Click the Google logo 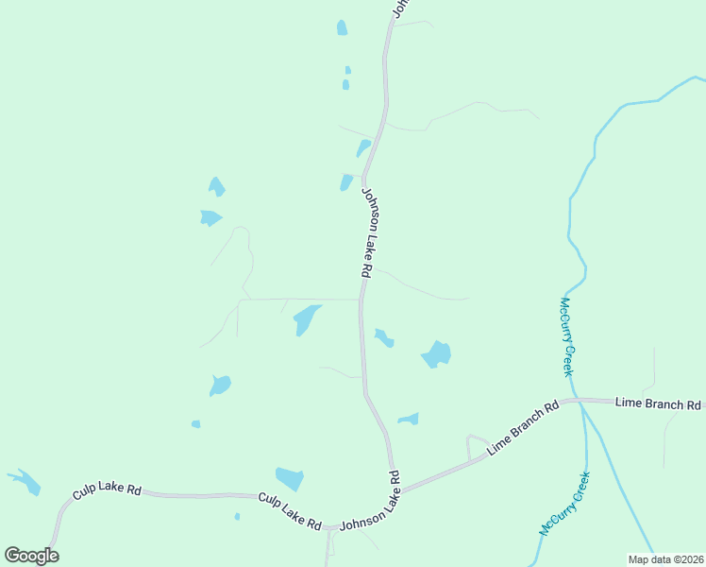(x=31, y=556)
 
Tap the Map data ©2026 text (x=666, y=558)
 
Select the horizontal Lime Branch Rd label (x=658, y=404)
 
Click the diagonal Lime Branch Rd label (x=522, y=429)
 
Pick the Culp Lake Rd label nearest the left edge (x=108, y=492)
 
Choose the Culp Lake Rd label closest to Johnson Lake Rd (x=291, y=511)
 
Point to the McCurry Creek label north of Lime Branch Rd (x=566, y=336)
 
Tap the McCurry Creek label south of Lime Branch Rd (x=564, y=504)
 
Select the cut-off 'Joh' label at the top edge (x=399, y=8)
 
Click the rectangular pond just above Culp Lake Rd (x=290, y=479)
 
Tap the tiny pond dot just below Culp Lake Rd (x=237, y=516)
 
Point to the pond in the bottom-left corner (x=25, y=482)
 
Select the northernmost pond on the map (x=342, y=28)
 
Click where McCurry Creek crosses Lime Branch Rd (x=583, y=402)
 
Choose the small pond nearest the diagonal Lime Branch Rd (x=409, y=419)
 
